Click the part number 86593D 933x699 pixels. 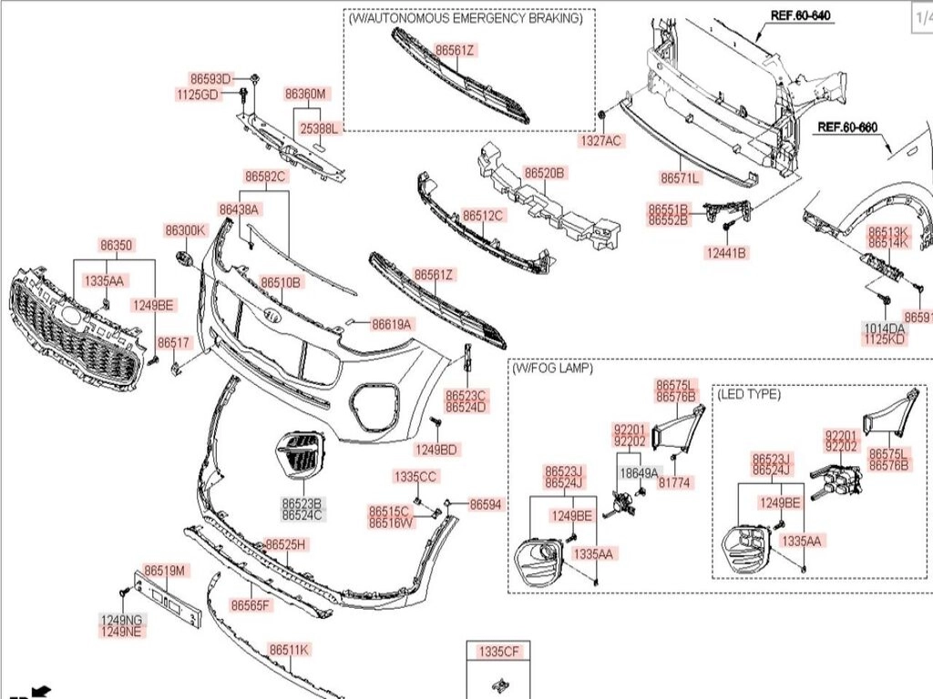(210, 79)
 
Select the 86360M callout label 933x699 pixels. (305, 94)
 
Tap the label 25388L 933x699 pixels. (319, 129)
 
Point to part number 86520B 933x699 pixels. (544, 172)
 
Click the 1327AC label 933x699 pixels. (601, 141)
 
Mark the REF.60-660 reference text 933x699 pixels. (846, 127)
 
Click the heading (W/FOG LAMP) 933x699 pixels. (552, 369)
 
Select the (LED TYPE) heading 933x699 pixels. (749, 394)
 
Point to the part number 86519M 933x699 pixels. (165, 571)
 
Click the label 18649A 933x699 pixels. (639, 473)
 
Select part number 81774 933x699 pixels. (674, 483)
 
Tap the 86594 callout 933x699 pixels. (486, 503)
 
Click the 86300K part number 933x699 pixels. (185, 230)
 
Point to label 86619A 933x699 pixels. (392, 323)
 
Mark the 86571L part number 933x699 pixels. (680, 179)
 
